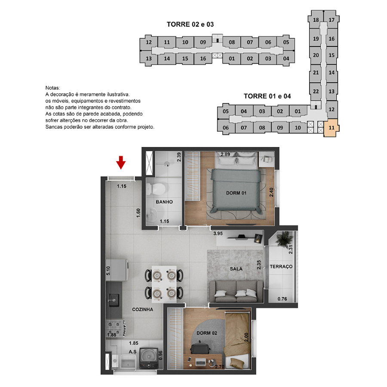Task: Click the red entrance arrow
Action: (121, 163)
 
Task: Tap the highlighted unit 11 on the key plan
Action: (331, 128)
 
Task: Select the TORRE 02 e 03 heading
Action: (190, 24)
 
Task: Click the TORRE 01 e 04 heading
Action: (267, 96)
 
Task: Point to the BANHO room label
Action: (164, 202)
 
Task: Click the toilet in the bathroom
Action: (156, 189)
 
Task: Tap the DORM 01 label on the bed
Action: (236, 193)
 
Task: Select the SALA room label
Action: (236, 269)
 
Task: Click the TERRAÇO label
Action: (281, 267)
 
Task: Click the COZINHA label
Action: (142, 309)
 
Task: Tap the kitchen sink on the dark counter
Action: (114, 300)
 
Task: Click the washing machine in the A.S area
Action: (149, 358)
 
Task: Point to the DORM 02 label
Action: (206, 333)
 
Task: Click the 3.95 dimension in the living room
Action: (218, 233)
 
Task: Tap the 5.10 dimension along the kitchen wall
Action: (108, 271)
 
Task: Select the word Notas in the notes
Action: (52, 88)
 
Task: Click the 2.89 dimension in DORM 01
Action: (225, 154)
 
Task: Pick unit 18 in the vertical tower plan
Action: (316, 20)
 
